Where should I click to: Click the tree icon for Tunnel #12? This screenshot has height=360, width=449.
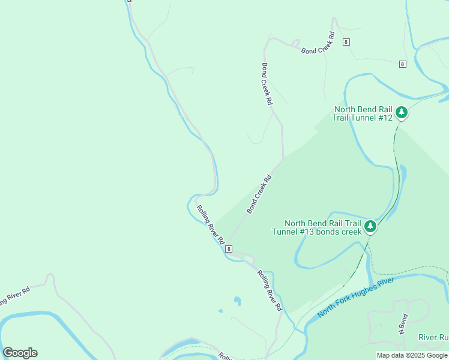[402, 112]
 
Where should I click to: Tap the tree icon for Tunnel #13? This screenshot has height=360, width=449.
[370, 226]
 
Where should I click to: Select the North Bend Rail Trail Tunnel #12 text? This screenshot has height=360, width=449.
[363, 113]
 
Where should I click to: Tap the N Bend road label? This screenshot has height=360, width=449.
[403, 324]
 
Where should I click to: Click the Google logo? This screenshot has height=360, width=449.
[20, 353]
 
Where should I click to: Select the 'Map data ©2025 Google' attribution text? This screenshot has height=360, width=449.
[412, 355]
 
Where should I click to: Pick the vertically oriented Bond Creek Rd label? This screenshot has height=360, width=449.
[267, 85]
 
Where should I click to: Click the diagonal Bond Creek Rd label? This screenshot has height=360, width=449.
[259, 194]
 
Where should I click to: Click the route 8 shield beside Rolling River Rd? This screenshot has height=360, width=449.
[229, 248]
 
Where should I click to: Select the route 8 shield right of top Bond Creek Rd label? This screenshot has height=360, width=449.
[346, 41]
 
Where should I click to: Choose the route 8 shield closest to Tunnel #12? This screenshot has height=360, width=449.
[402, 64]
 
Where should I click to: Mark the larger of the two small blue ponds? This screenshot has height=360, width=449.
[238, 301]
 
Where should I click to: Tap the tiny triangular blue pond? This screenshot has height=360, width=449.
[220, 311]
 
